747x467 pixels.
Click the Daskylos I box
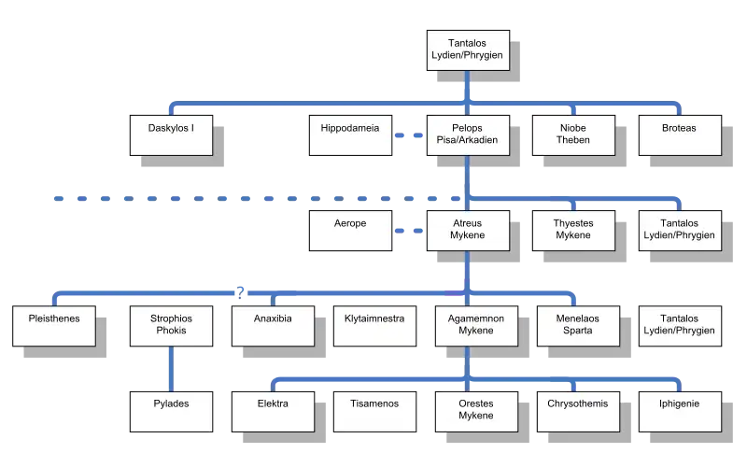pos(171,134)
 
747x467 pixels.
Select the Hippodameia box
pos(349,134)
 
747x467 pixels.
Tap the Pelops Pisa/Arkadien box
pos(468,134)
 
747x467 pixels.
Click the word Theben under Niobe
pos(573,141)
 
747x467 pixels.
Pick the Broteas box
pos(679,134)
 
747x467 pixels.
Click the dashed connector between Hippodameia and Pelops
pos(408,135)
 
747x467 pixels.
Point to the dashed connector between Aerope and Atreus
pos(408,230)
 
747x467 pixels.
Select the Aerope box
pos(349,230)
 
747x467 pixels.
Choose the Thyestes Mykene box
pos(573,230)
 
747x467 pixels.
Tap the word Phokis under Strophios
pos(171,332)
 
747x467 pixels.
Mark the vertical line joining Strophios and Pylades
pos(171,368)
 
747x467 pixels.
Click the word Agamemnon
pos(470,318)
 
